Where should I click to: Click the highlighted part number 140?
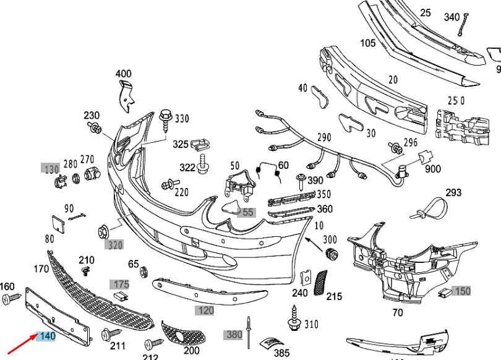tap(47, 336)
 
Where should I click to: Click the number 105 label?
tap(367, 43)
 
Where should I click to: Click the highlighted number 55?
tap(247, 212)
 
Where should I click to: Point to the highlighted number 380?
tap(234, 335)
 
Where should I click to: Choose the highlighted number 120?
tap(205, 310)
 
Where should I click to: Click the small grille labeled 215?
tap(321, 281)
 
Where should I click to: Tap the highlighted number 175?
tap(119, 285)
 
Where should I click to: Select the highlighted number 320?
tap(114, 245)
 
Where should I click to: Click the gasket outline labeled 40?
tap(321, 97)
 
